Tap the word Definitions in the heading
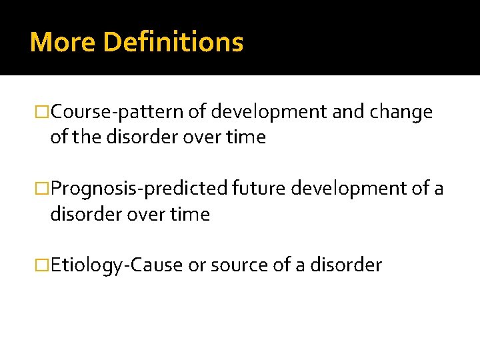click(x=174, y=42)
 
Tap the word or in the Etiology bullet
click(x=197, y=265)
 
